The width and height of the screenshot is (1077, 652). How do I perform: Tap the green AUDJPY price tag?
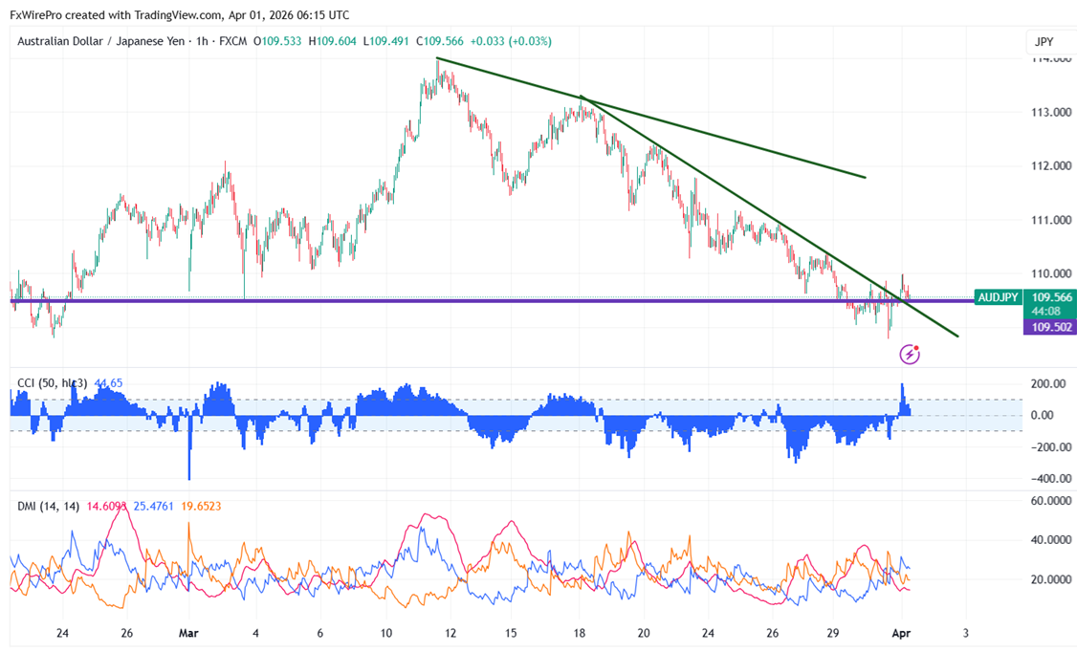997,297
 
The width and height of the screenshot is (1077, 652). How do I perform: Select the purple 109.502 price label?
1049,327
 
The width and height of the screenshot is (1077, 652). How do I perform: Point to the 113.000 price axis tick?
1049,112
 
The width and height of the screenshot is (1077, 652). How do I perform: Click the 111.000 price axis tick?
1049,220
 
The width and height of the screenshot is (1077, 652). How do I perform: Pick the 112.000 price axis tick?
1049,165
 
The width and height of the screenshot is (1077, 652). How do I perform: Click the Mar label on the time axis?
189,633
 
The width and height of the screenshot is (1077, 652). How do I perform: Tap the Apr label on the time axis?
900,633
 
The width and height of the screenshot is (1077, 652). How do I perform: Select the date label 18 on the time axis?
580,633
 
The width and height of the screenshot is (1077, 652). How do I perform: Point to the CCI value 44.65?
107,383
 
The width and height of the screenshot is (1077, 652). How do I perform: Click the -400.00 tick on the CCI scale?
1049,478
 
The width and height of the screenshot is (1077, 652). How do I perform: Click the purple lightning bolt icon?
910,355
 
